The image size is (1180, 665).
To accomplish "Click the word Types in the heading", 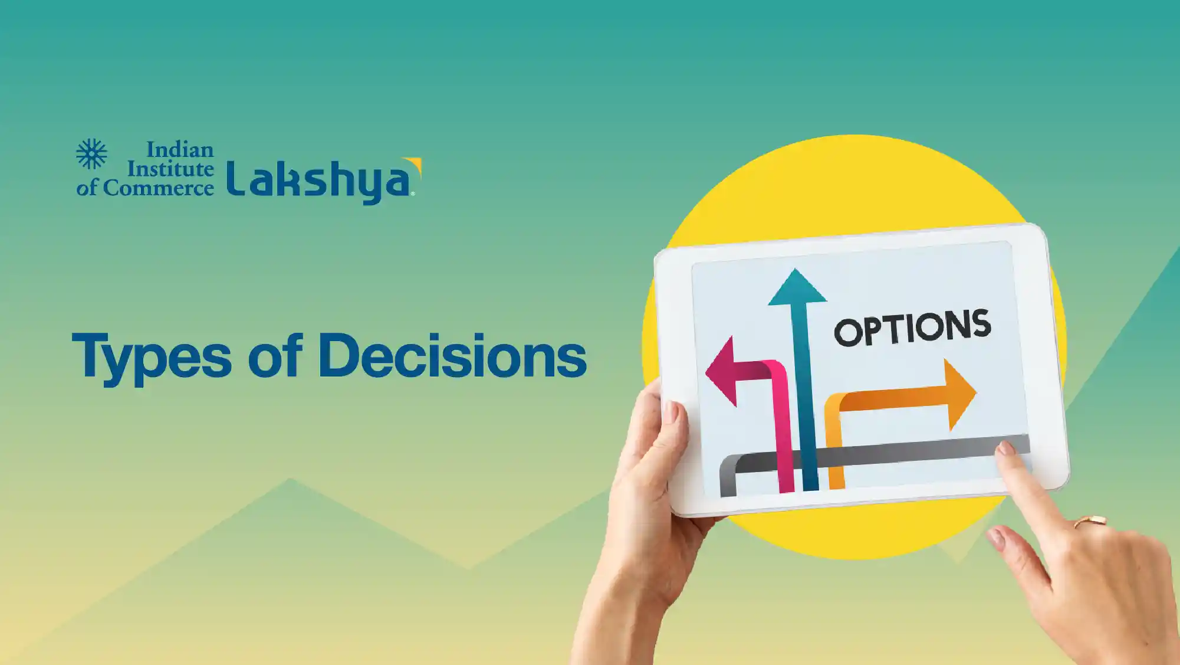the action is click(x=152, y=357).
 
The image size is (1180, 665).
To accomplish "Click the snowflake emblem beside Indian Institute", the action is click(x=91, y=155).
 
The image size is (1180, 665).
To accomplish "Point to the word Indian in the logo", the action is click(x=180, y=150).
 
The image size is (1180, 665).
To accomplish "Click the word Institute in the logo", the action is click(x=170, y=169).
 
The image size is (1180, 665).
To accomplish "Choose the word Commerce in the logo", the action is click(x=159, y=188).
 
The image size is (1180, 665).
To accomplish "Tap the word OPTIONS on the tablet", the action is click(x=912, y=327).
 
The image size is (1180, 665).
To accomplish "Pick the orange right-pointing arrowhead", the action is click(x=961, y=394).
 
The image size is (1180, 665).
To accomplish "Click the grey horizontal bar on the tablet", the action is click(x=875, y=456).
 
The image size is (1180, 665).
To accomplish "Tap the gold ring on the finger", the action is click(x=1090, y=522).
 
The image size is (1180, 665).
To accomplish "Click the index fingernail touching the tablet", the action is click(x=1005, y=448).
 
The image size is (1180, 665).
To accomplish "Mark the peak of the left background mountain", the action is click(x=290, y=479).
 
